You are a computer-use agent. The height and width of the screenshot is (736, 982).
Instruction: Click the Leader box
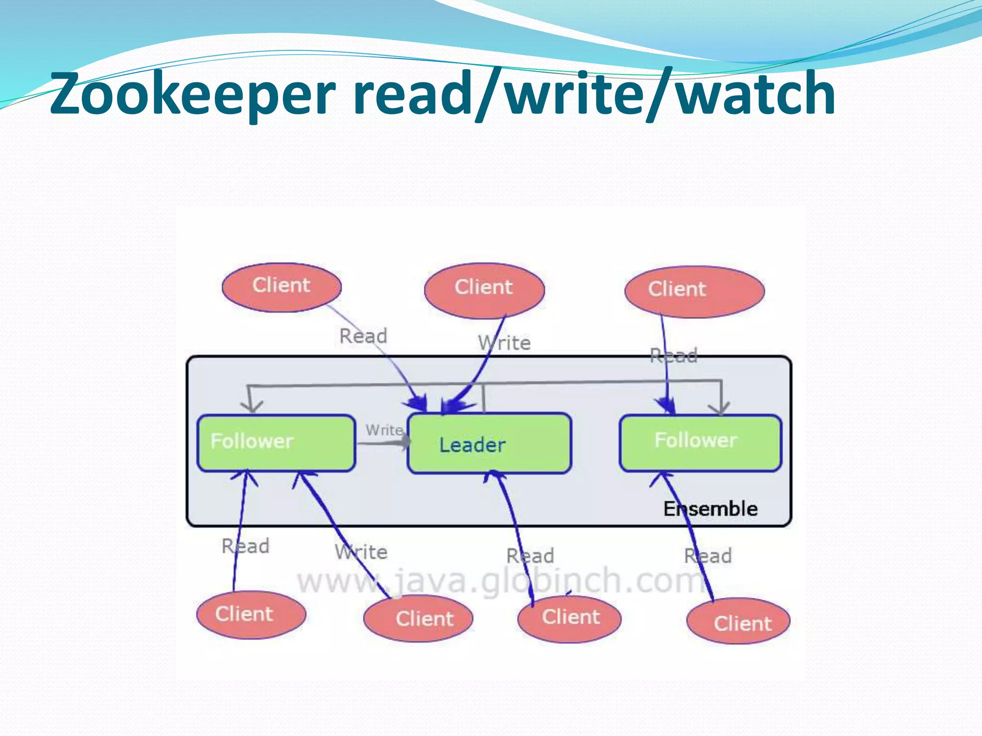point(489,444)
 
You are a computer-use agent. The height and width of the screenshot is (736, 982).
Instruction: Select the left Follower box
point(276,443)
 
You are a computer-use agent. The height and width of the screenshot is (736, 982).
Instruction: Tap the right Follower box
point(700,443)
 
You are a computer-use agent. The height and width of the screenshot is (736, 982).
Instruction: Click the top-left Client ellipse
point(281,287)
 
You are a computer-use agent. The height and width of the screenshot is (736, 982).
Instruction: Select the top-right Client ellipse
point(694,291)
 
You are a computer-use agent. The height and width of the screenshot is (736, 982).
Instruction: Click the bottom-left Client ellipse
point(251,614)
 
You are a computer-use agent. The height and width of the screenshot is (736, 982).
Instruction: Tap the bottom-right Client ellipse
point(738,621)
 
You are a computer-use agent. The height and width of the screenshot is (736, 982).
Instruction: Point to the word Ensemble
point(710,509)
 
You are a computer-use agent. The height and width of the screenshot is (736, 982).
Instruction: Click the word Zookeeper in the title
point(192,93)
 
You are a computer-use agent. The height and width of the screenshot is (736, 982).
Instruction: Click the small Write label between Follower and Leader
point(384,430)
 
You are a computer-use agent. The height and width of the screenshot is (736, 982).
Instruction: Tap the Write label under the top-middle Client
point(504,343)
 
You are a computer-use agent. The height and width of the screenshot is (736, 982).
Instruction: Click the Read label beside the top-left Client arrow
point(363,336)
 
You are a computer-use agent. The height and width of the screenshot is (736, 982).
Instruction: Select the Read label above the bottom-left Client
point(245,546)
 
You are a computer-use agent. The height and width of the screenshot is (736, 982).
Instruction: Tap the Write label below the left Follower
point(361,552)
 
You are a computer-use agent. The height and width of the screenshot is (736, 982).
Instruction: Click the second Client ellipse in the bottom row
point(418,618)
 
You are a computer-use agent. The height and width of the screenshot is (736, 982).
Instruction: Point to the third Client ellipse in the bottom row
point(570,618)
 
